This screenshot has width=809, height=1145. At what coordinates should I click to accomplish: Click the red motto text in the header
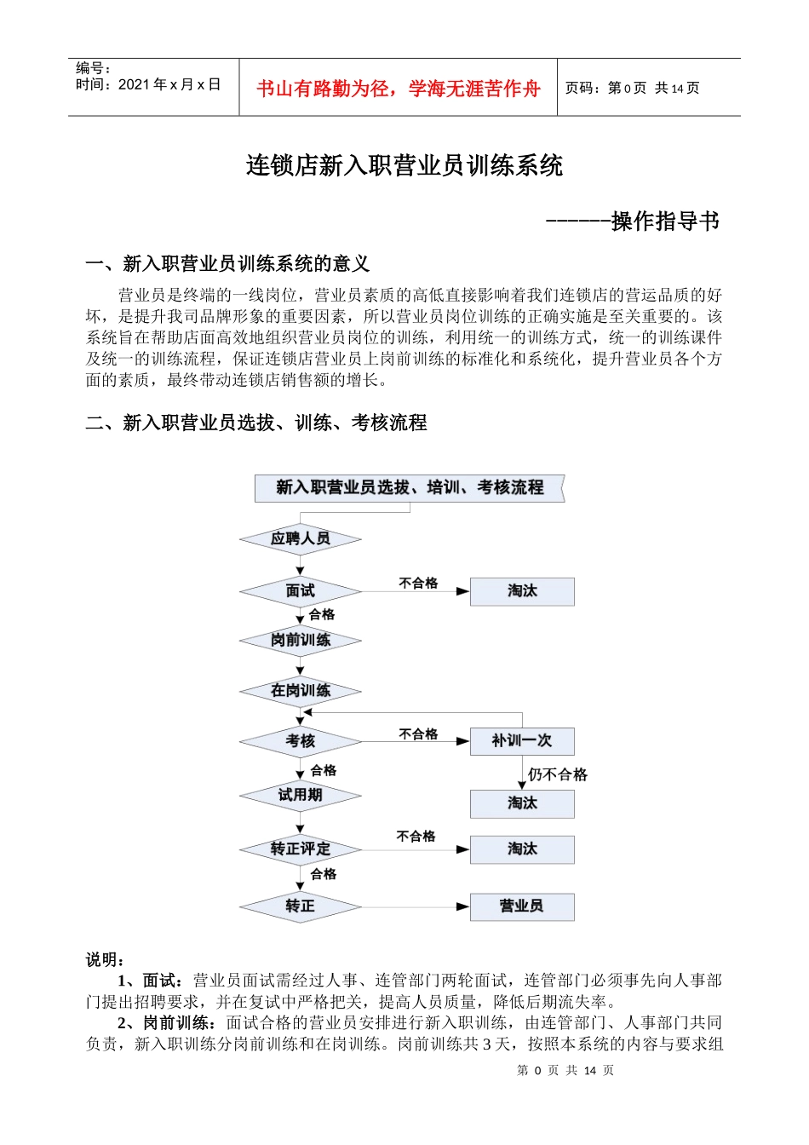(398, 89)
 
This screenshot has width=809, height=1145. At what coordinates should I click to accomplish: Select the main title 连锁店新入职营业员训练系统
(404, 165)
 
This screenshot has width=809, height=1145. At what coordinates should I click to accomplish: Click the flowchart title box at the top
(410, 488)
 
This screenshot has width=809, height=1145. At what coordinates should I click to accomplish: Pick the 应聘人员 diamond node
(300, 538)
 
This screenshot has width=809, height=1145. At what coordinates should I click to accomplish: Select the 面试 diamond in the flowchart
(300, 590)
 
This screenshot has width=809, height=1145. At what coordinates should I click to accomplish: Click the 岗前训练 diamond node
(300, 640)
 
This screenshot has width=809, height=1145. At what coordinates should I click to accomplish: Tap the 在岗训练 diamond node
(300, 690)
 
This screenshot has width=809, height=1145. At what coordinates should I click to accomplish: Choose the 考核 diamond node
(300, 741)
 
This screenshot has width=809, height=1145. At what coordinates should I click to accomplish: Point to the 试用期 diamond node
(300, 796)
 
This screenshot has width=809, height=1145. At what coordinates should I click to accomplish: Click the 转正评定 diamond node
(300, 849)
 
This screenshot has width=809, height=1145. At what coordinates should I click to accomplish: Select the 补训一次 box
(522, 741)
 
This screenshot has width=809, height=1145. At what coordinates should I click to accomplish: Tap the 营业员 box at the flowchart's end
(522, 906)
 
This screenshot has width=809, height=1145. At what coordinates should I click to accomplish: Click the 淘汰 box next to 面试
(522, 591)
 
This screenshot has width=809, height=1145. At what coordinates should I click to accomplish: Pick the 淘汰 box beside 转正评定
(522, 849)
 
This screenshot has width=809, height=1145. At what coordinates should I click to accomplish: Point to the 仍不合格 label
(558, 774)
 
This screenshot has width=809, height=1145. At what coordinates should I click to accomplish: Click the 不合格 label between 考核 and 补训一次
(418, 734)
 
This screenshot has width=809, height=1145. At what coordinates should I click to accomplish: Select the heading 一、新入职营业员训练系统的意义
(227, 264)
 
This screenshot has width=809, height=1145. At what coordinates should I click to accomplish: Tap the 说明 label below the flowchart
(106, 960)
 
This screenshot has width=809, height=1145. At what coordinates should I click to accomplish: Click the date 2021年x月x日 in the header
(169, 84)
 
